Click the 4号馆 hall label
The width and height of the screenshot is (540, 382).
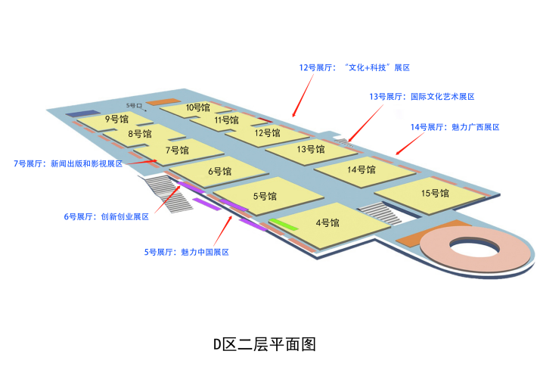pos(327,222)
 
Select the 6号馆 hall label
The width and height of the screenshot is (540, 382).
pos(219,172)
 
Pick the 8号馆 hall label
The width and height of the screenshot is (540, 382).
pos(139,134)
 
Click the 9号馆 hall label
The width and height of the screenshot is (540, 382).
pos(116,119)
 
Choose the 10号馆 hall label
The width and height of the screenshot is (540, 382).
pos(197,107)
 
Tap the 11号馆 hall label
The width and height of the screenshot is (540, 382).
pos(226,120)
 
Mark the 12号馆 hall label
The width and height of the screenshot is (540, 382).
pos(267,133)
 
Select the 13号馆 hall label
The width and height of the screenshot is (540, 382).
pos(310,149)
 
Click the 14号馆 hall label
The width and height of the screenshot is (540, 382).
pos(362,169)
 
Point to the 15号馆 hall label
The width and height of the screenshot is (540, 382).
pos(435,193)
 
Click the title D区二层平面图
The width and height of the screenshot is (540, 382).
pos(264,345)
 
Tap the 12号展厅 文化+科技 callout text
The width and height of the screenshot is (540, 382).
pos(354,68)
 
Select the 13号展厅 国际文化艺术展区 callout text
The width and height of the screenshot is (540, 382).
pos(421,97)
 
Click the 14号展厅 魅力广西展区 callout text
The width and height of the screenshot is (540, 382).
pos(455,127)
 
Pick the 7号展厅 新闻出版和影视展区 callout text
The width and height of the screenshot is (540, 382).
pos(68,163)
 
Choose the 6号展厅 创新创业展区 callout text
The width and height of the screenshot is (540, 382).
pos(106,216)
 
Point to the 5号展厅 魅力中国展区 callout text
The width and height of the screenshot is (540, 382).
pos(186,252)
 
